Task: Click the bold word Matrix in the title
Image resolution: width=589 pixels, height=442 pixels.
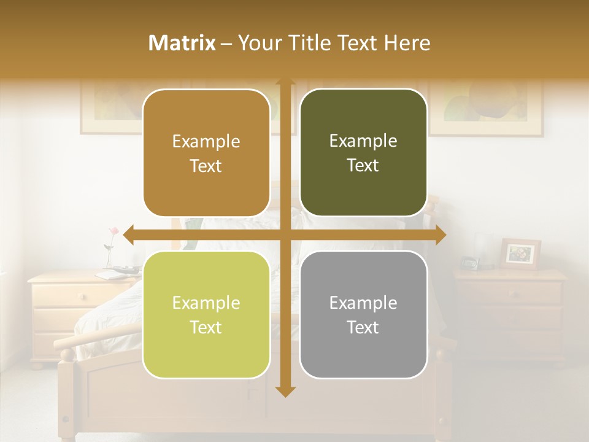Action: click(182, 43)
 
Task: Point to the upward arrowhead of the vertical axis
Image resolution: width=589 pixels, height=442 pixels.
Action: click(285, 83)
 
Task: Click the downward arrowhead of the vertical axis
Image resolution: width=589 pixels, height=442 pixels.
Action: click(285, 391)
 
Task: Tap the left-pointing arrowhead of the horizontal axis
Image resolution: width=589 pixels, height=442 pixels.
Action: click(129, 235)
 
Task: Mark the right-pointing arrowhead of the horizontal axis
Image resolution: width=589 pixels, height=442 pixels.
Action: click(441, 235)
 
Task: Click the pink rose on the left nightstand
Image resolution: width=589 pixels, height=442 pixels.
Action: click(113, 231)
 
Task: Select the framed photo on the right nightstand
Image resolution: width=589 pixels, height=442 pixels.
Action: click(520, 254)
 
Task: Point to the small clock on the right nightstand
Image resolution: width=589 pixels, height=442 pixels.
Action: click(469, 263)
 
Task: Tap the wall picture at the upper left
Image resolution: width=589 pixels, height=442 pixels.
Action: click(110, 108)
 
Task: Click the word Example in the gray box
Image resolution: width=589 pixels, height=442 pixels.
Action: click(363, 303)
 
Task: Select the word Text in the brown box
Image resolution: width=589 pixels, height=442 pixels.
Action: click(206, 166)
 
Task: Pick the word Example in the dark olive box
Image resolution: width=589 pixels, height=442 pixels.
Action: click(363, 141)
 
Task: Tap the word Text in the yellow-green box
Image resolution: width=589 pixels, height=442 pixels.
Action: click(206, 327)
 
